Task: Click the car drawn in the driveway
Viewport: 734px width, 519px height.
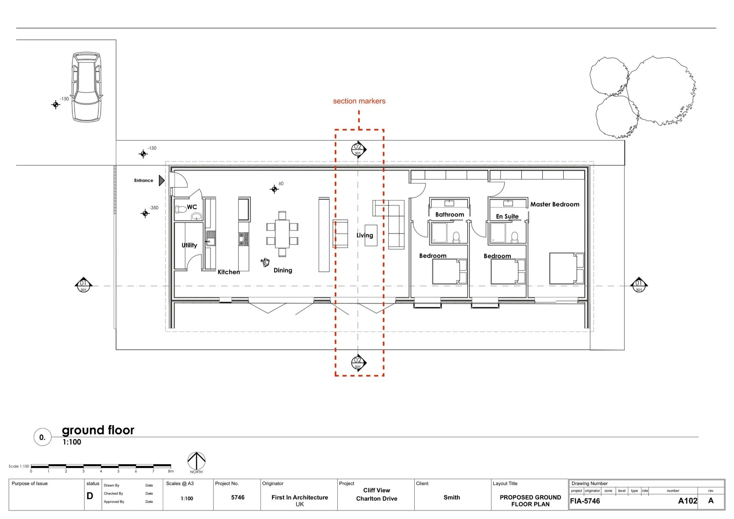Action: click(87, 87)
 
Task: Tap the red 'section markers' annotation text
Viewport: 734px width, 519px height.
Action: click(359, 101)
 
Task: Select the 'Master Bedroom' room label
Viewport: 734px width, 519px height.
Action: click(555, 204)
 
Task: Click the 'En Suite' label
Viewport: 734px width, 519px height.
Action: click(507, 217)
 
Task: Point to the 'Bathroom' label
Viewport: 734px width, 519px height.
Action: click(450, 214)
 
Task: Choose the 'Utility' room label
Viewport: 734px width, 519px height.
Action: click(189, 245)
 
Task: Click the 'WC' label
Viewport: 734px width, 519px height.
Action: click(192, 207)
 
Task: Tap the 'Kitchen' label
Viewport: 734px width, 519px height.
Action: click(229, 272)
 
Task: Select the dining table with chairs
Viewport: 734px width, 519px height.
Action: click(282, 234)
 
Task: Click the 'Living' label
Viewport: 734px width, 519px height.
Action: click(365, 235)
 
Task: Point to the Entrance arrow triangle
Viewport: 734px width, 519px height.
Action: click(161, 181)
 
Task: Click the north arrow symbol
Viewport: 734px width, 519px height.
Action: click(196, 461)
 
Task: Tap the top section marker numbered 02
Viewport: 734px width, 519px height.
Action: click(358, 149)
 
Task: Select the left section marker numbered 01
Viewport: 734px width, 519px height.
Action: click(83, 285)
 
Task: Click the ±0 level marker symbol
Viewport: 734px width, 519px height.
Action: click(274, 189)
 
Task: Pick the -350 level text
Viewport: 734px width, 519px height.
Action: click(154, 208)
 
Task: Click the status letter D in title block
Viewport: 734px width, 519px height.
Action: click(90, 496)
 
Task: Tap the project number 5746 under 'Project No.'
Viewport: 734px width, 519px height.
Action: click(238, 497)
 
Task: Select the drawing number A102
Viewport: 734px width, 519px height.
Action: click(687, 501)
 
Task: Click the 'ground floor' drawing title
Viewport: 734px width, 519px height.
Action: click(98, 430)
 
